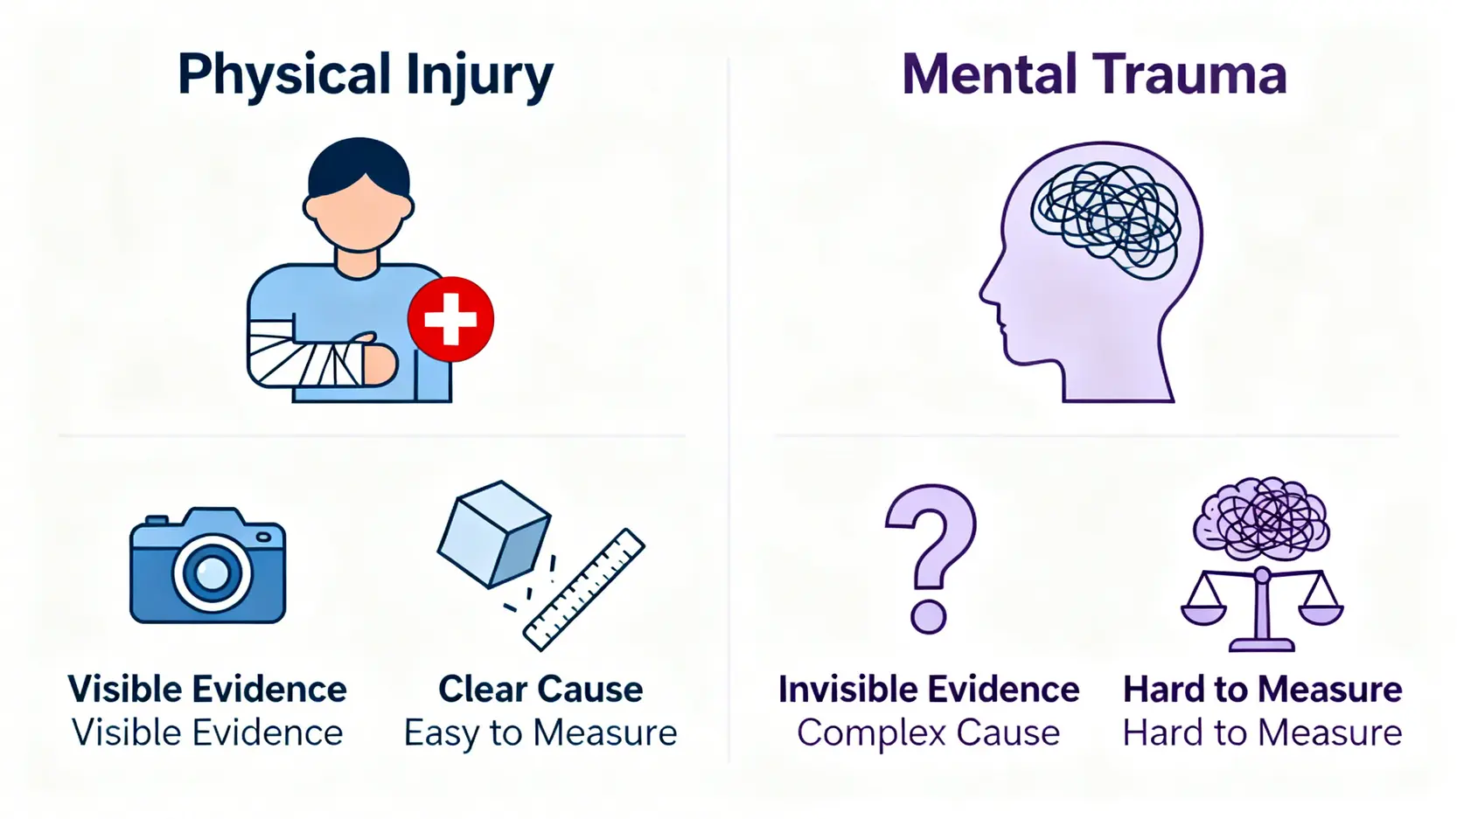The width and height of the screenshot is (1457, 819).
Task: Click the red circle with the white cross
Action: pos(450,319)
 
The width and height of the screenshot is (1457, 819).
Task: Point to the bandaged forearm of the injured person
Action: pos(306,354)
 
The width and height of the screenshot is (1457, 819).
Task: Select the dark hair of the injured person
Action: pos(359,165)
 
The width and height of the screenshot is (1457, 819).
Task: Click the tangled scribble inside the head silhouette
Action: pos(1105,213)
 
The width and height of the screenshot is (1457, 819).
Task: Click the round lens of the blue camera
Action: pos(212,573)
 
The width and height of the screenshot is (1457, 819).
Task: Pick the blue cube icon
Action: pos(493,533)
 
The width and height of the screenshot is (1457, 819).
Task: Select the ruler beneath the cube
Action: pos(583,589)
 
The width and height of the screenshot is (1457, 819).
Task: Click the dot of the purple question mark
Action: pos(928,615)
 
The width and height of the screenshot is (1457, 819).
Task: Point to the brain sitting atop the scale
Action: pos(1261,517)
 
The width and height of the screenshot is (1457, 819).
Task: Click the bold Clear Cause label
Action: pos(540,689)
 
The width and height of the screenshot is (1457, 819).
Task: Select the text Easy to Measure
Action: pos(540,732)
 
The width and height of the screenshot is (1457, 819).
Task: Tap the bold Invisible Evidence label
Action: pos(928,689)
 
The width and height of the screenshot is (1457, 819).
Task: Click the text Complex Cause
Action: pos(928,732)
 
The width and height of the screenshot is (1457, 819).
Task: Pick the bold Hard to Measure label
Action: pos(1262,689)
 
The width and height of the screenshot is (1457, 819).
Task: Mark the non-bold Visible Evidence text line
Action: pos(207,732)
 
